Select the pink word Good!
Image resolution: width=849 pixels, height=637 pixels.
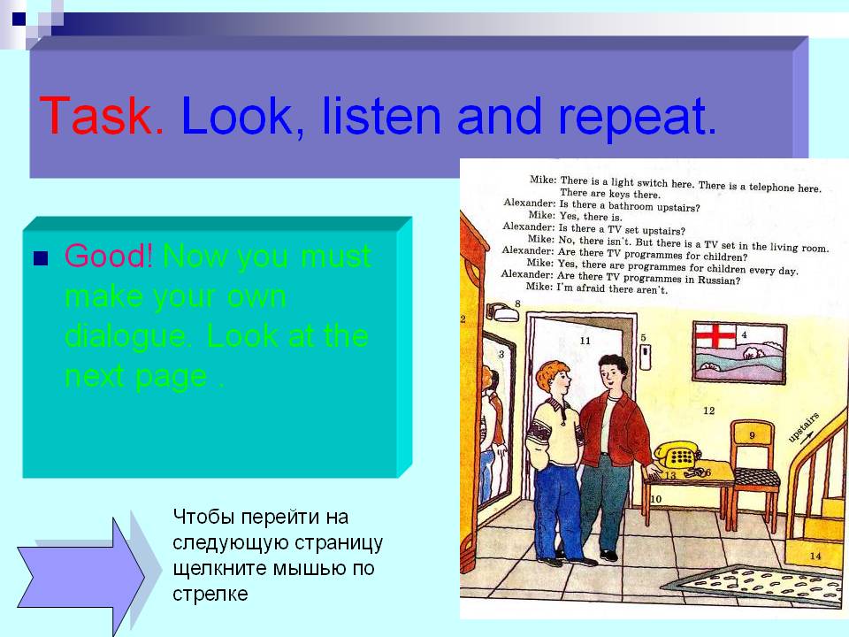pos(108,256)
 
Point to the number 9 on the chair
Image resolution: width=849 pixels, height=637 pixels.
pos(752,435)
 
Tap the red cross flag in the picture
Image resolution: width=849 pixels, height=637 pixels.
pos(715,336)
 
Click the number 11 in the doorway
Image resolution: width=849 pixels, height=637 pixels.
pos(585,341)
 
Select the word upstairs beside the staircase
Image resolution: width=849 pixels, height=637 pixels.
pos(803,428)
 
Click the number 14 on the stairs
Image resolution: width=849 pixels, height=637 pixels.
pos(815,556)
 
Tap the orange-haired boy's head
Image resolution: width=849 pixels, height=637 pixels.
pos(554,378)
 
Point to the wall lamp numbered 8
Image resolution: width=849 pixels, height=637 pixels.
pos(503,312)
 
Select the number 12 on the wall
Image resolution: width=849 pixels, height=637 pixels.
pos(708,411)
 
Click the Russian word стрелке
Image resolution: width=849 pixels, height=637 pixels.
pos(210,595)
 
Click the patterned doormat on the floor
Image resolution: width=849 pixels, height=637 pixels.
pos(757,586)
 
